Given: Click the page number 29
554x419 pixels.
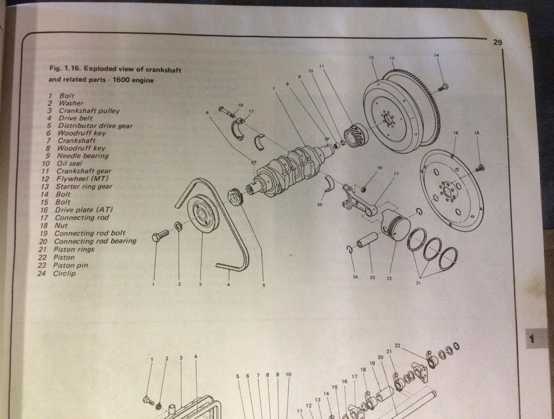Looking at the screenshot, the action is pos(498,42).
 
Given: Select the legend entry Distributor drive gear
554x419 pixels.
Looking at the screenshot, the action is pos(95,126).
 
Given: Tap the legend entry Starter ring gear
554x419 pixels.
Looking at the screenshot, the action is pos(84,186).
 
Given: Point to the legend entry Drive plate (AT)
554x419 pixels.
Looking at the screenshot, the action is pos(84,210).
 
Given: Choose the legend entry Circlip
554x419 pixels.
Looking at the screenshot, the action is pos(64,274).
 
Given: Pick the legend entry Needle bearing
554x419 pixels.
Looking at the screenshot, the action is pos(83,156).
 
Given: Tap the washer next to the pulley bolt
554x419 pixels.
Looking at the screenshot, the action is pos(179,226).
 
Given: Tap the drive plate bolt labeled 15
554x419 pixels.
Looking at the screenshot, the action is pos(480,168).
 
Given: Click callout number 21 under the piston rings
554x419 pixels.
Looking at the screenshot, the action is pos(418,283).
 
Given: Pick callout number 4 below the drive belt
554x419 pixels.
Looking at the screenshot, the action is pos(228,285).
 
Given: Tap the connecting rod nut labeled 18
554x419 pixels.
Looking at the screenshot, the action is pos(363,189).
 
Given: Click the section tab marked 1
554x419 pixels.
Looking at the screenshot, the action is pos(536,339).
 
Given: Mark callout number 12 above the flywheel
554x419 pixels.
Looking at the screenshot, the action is pos(371,58).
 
